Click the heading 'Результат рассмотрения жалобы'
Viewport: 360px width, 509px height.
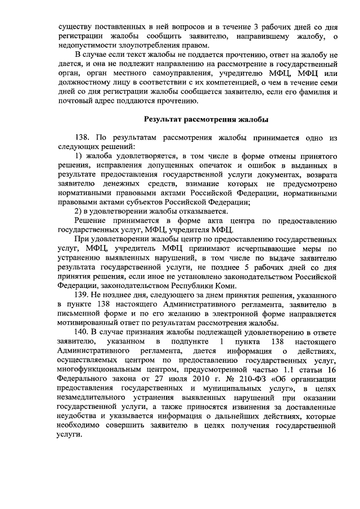pos(206,119)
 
